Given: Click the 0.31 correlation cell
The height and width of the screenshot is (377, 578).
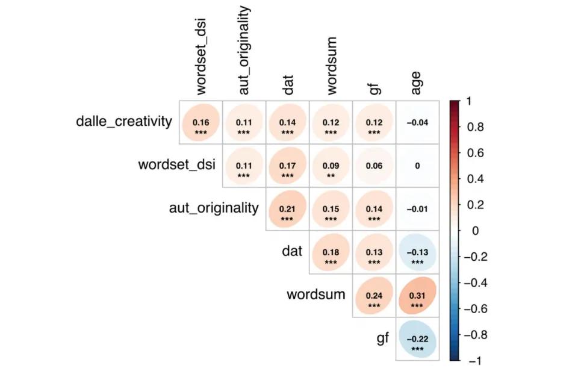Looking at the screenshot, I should [417, 296].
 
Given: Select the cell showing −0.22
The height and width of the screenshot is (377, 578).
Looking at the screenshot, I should [417, 339].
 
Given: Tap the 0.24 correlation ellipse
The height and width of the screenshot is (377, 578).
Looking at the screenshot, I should [374, 296].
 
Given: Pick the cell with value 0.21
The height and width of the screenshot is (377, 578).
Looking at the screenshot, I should [287, 209].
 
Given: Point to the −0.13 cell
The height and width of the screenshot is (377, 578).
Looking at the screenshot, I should [417, 252].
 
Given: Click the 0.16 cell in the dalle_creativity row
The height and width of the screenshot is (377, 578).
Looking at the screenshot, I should [200, 122].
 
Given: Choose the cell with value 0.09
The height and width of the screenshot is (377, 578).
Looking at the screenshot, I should [331, 166].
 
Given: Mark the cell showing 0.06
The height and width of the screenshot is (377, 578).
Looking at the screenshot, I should [374, 166].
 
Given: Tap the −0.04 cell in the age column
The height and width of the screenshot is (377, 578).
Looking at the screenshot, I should [417, 122].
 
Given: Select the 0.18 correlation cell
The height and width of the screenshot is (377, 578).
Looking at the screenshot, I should [331, 252].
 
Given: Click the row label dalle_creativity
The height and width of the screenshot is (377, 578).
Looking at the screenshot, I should [124, 121].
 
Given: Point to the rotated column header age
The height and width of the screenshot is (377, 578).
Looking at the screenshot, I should [416, 83].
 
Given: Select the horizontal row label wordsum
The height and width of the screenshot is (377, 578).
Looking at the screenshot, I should [316, 294].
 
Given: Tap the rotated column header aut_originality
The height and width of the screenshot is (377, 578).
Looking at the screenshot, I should [244, 51].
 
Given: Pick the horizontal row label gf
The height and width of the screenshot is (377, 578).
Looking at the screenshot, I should [383, 338].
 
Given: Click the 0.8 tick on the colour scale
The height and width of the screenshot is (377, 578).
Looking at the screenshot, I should [476, 127].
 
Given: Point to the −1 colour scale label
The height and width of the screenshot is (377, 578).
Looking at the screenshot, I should [473, 360].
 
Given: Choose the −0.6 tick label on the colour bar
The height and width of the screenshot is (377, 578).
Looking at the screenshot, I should [479, 308].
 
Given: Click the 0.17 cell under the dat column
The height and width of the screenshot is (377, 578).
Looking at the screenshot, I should [287, 166].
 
